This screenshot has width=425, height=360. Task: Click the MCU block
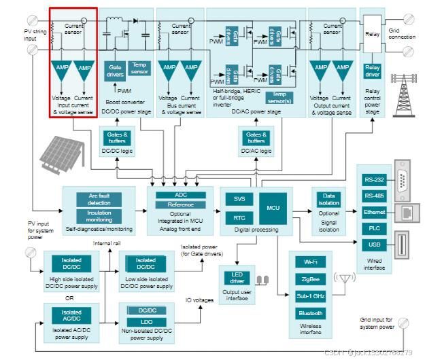(x=273, y=207)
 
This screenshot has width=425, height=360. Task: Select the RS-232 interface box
(x=373, y=180)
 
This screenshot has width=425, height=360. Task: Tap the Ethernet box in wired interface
(x=373, y=213)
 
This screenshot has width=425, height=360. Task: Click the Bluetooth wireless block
(x=309, y=313)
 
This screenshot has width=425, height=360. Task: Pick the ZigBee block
(x=309, y=278)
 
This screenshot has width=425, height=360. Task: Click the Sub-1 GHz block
(x=309, y=296)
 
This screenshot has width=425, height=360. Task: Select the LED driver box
(x=237, y=278)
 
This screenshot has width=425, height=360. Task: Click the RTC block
(x=239, y=218)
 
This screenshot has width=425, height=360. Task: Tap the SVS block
(x=239, y=199)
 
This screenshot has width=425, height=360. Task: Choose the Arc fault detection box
(x=99, y=199)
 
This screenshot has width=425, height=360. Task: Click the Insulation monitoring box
(x=99, y=216)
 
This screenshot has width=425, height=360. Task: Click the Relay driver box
(x=372, y=71)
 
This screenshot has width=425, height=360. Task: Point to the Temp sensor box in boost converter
(x=139, y=68)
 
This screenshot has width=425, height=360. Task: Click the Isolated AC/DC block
(x=71, y=316)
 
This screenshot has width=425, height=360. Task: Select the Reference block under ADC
(x=180, y=204)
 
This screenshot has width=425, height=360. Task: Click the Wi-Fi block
(x=309, y=262)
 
